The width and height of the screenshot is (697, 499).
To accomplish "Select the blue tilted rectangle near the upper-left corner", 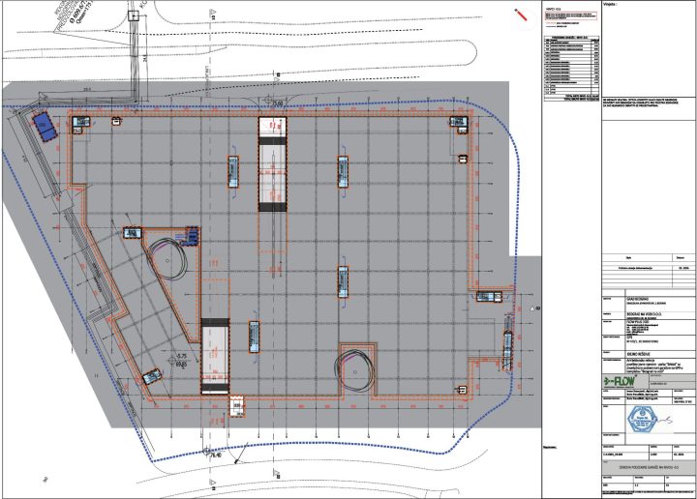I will click(x=44, y=122).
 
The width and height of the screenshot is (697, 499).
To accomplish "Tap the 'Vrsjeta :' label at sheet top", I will click(x=610, y=4).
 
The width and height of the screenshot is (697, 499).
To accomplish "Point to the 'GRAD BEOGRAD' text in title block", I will click(x=616, y=301).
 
